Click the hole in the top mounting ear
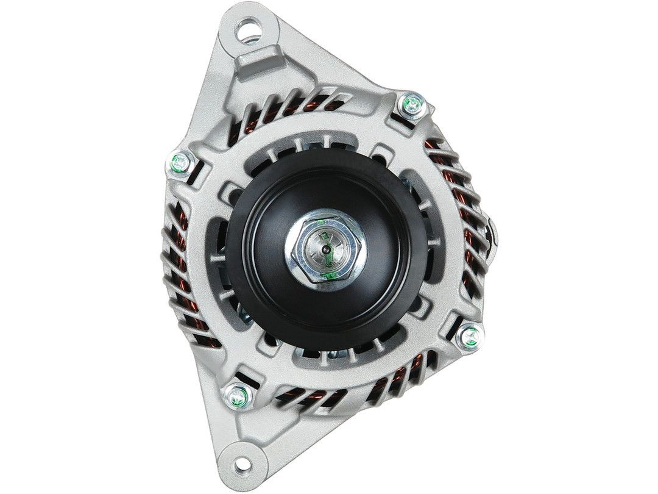250,27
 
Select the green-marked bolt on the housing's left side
180,162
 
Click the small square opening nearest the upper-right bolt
383,149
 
